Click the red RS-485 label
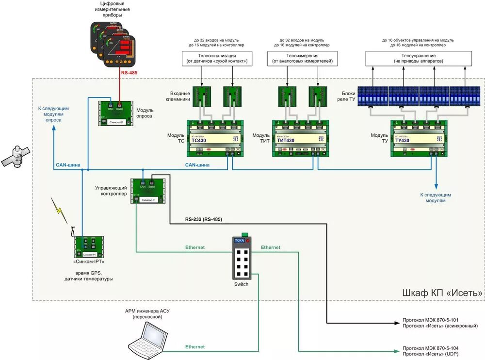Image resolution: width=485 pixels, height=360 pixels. click(129, 73)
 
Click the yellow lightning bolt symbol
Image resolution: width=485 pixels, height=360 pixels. click(60, 209)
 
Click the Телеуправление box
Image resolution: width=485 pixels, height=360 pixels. click(419, 59)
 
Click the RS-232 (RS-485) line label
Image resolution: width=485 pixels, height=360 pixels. click(203, 219)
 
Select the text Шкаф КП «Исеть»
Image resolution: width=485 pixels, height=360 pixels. click(443, 293)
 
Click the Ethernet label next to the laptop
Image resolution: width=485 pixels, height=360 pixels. click(195, 347)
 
